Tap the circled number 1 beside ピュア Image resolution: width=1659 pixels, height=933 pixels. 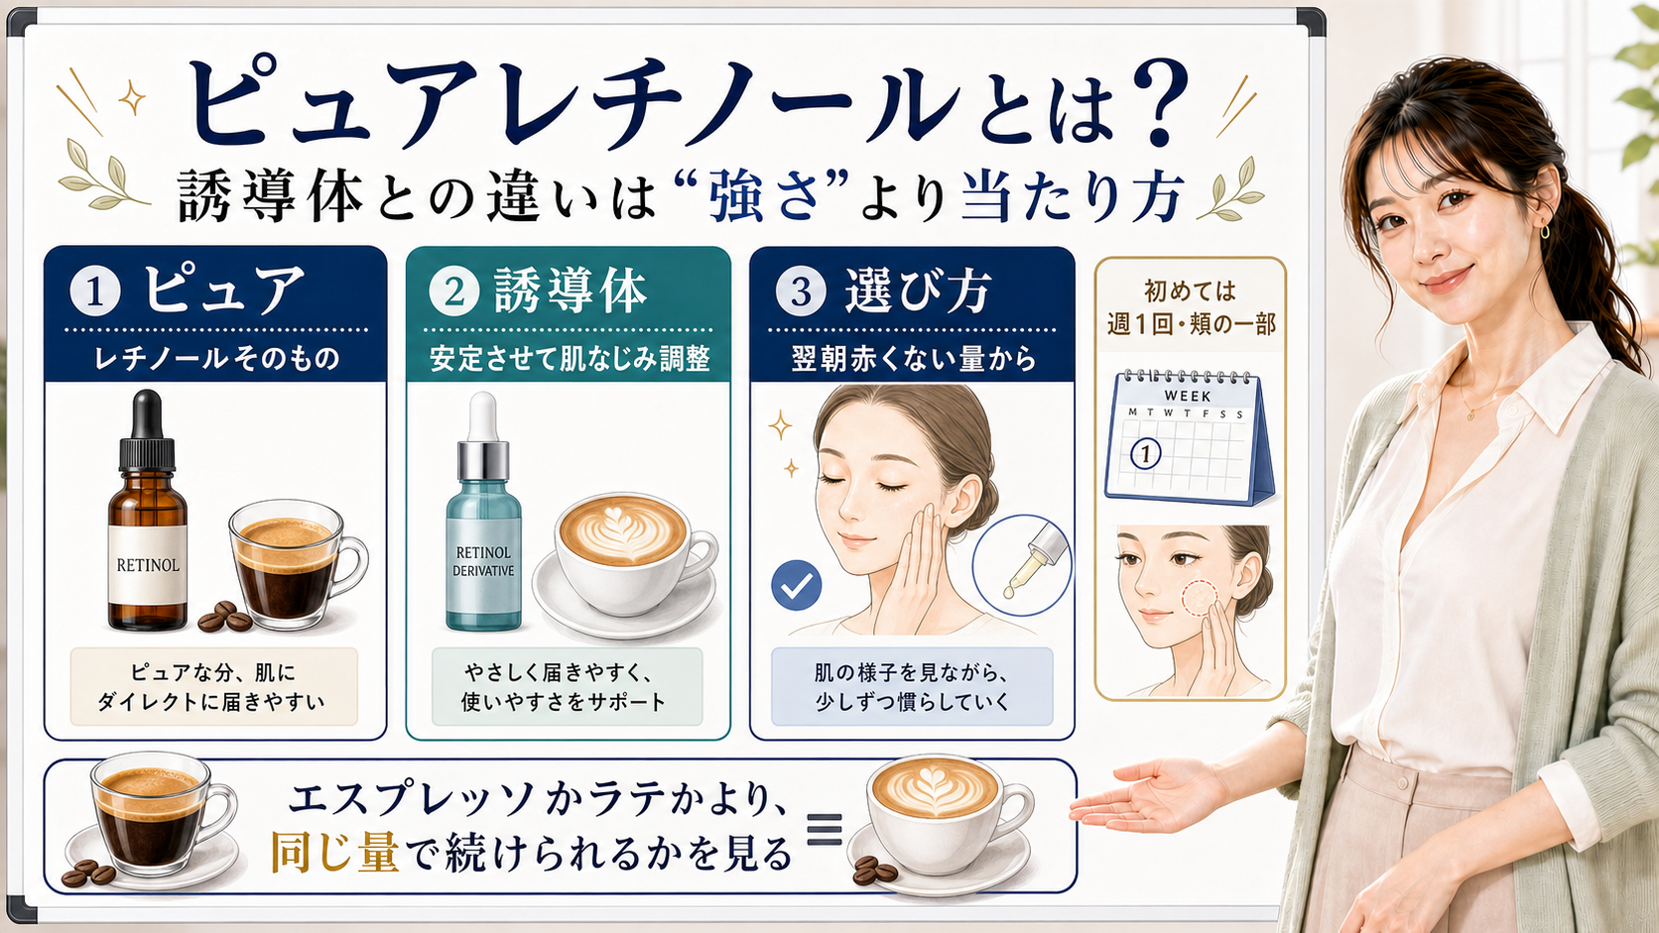(95, 291)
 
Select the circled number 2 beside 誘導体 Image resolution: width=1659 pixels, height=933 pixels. (454, 291)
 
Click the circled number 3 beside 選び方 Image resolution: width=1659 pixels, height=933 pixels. (801, 291)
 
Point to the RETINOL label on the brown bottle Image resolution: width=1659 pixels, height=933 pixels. (148, 565)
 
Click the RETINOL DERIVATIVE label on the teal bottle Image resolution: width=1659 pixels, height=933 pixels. (483, 561)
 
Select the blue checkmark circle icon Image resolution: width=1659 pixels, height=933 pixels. (796, 585)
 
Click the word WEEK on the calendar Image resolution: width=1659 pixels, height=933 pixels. (1188, 396)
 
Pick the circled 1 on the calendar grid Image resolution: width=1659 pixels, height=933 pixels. (1146, 453)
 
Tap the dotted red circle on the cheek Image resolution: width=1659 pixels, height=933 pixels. (1199, 598)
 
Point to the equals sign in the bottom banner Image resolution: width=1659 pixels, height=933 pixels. (825, 830)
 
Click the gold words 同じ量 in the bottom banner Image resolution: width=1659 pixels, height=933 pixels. (334, 852)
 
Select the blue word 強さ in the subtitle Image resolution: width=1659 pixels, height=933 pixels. (764, 196)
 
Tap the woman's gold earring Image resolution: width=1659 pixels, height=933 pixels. (1539, 232)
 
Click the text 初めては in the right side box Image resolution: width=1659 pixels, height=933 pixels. (1191, 291)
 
